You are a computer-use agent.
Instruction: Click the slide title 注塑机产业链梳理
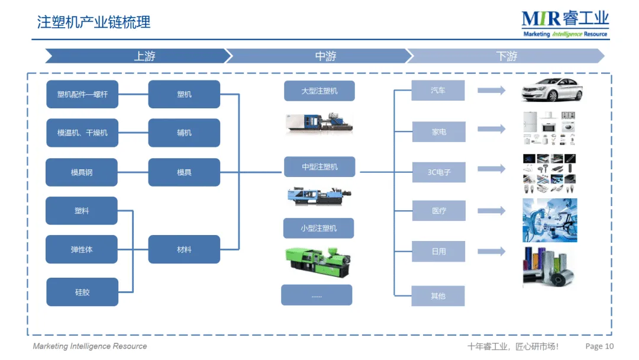pos(94,22)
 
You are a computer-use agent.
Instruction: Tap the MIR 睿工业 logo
pos(565,24)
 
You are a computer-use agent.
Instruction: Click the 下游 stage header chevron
pos(506,56)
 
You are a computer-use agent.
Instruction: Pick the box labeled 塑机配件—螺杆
pos(82,94)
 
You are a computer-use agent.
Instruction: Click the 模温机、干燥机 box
pos(82,133)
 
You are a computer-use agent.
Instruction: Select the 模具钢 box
pos(82,172)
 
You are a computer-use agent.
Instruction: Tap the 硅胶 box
pos(82,292)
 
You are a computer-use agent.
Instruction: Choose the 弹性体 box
pos(82,249)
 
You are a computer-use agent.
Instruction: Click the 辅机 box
pos(184,133)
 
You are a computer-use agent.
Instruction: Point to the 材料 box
pos(184,249)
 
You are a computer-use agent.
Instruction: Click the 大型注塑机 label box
pos(319,91)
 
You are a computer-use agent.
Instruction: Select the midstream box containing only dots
pos(317,295)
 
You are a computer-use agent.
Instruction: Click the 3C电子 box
pos(439,172)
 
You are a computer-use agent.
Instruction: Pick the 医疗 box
pos(439,211)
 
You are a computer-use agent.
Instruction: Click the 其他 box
pos(438,295)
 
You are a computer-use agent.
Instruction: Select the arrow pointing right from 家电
pos(492,129)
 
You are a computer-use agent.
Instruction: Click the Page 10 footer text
pos(599,346)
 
